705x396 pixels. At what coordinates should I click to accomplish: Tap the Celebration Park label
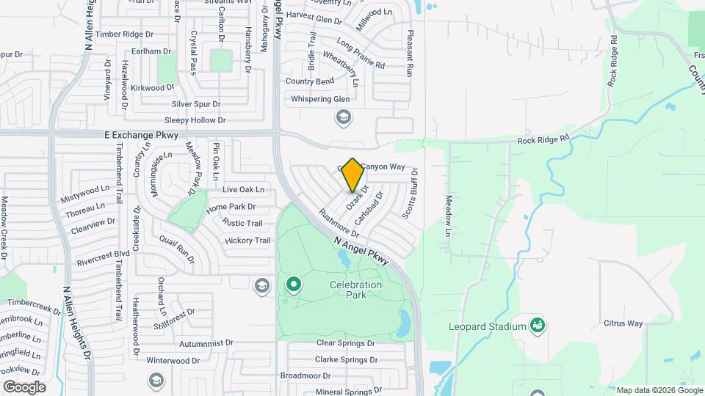(356, 290)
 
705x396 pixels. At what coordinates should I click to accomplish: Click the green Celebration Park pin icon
(294, 284)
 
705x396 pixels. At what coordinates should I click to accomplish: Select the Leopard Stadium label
(488, 326)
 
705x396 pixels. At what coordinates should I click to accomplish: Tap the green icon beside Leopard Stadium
(538, 326)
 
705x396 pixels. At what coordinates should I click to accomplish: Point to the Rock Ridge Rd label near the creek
(543, 139)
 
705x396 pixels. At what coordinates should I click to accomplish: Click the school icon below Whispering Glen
(343, 117)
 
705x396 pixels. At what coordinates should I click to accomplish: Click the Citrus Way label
(623, 323)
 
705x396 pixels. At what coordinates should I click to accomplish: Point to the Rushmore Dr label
(339, 224)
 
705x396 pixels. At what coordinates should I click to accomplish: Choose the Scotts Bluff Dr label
(410, 193)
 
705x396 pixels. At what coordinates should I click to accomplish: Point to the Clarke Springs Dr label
(346, 359)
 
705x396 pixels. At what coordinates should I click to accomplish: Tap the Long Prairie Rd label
(361, 54)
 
